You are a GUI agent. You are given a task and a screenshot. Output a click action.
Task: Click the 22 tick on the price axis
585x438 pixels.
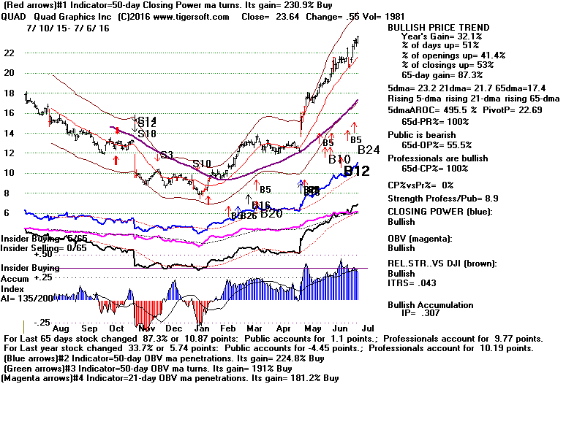9,53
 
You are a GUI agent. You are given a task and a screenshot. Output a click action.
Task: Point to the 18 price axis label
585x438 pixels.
9,93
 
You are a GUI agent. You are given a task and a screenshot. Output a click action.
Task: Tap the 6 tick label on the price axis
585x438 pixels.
7,213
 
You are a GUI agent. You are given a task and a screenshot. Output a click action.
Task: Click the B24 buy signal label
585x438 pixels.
369,150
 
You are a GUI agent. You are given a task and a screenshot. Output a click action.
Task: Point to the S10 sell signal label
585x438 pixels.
203,164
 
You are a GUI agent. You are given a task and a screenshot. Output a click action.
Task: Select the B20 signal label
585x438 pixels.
271,214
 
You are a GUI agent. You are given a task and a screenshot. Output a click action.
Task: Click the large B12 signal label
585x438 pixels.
356,172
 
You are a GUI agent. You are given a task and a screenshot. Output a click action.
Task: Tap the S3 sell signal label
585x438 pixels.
167,155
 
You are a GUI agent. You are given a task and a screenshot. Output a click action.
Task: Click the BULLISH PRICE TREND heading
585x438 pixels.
439,28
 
